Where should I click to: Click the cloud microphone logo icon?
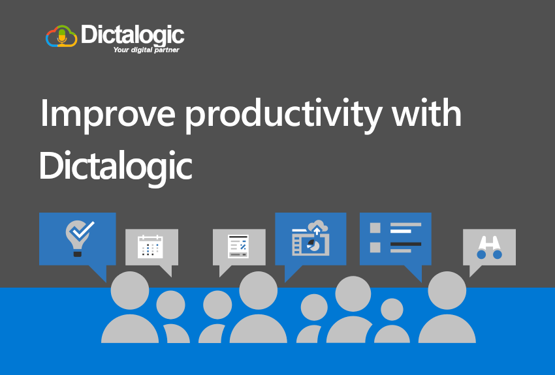pos(61,36)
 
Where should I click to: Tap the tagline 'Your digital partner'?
pos(146,50)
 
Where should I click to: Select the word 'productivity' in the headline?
pos(283,115)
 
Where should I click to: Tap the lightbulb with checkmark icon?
pos(79,237)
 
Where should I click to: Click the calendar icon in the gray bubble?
pos(150,247)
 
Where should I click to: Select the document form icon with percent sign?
pos(238,246)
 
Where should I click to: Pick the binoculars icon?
pos(489,247)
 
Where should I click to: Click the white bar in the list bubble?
pos(401,231)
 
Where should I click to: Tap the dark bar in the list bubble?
pos(405,244)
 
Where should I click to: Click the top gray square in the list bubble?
pos(375,228)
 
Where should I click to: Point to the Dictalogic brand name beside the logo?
pos(133,35)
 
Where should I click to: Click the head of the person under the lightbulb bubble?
pos(130,290)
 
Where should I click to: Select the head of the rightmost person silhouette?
pos(447,290)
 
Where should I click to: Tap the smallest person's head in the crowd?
pos(392,309)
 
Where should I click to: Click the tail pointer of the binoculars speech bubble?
pos(474,271)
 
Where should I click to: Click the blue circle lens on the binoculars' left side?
pos(481,254)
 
